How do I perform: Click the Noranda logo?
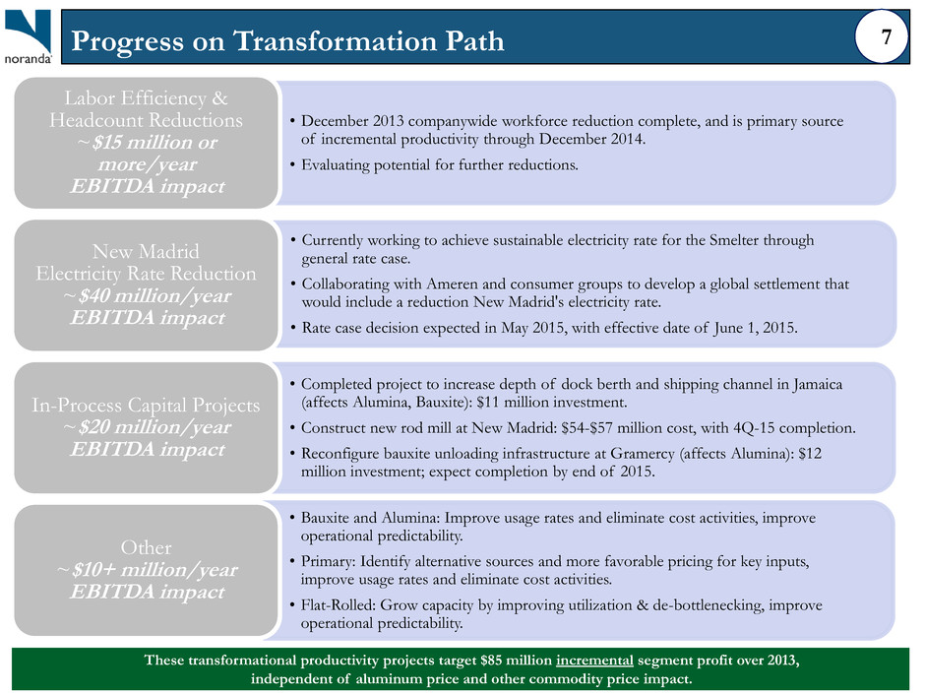click(x=29, y=36)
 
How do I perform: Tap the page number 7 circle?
click(x=882, y=36)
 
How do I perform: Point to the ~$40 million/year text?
click(x=147, y=295)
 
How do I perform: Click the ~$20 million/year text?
click(x=147, y=427)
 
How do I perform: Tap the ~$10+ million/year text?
click(x=147, y=570)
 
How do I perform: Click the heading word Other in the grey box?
click(x=147, y=547)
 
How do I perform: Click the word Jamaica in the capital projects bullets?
click(x=818, y=385)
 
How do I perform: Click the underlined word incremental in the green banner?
click(x=594, y=660)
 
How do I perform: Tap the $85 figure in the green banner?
click(x=492, y=660)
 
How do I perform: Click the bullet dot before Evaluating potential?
click(x=292, y=165)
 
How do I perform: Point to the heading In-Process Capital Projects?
click(x=146, y=406)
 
